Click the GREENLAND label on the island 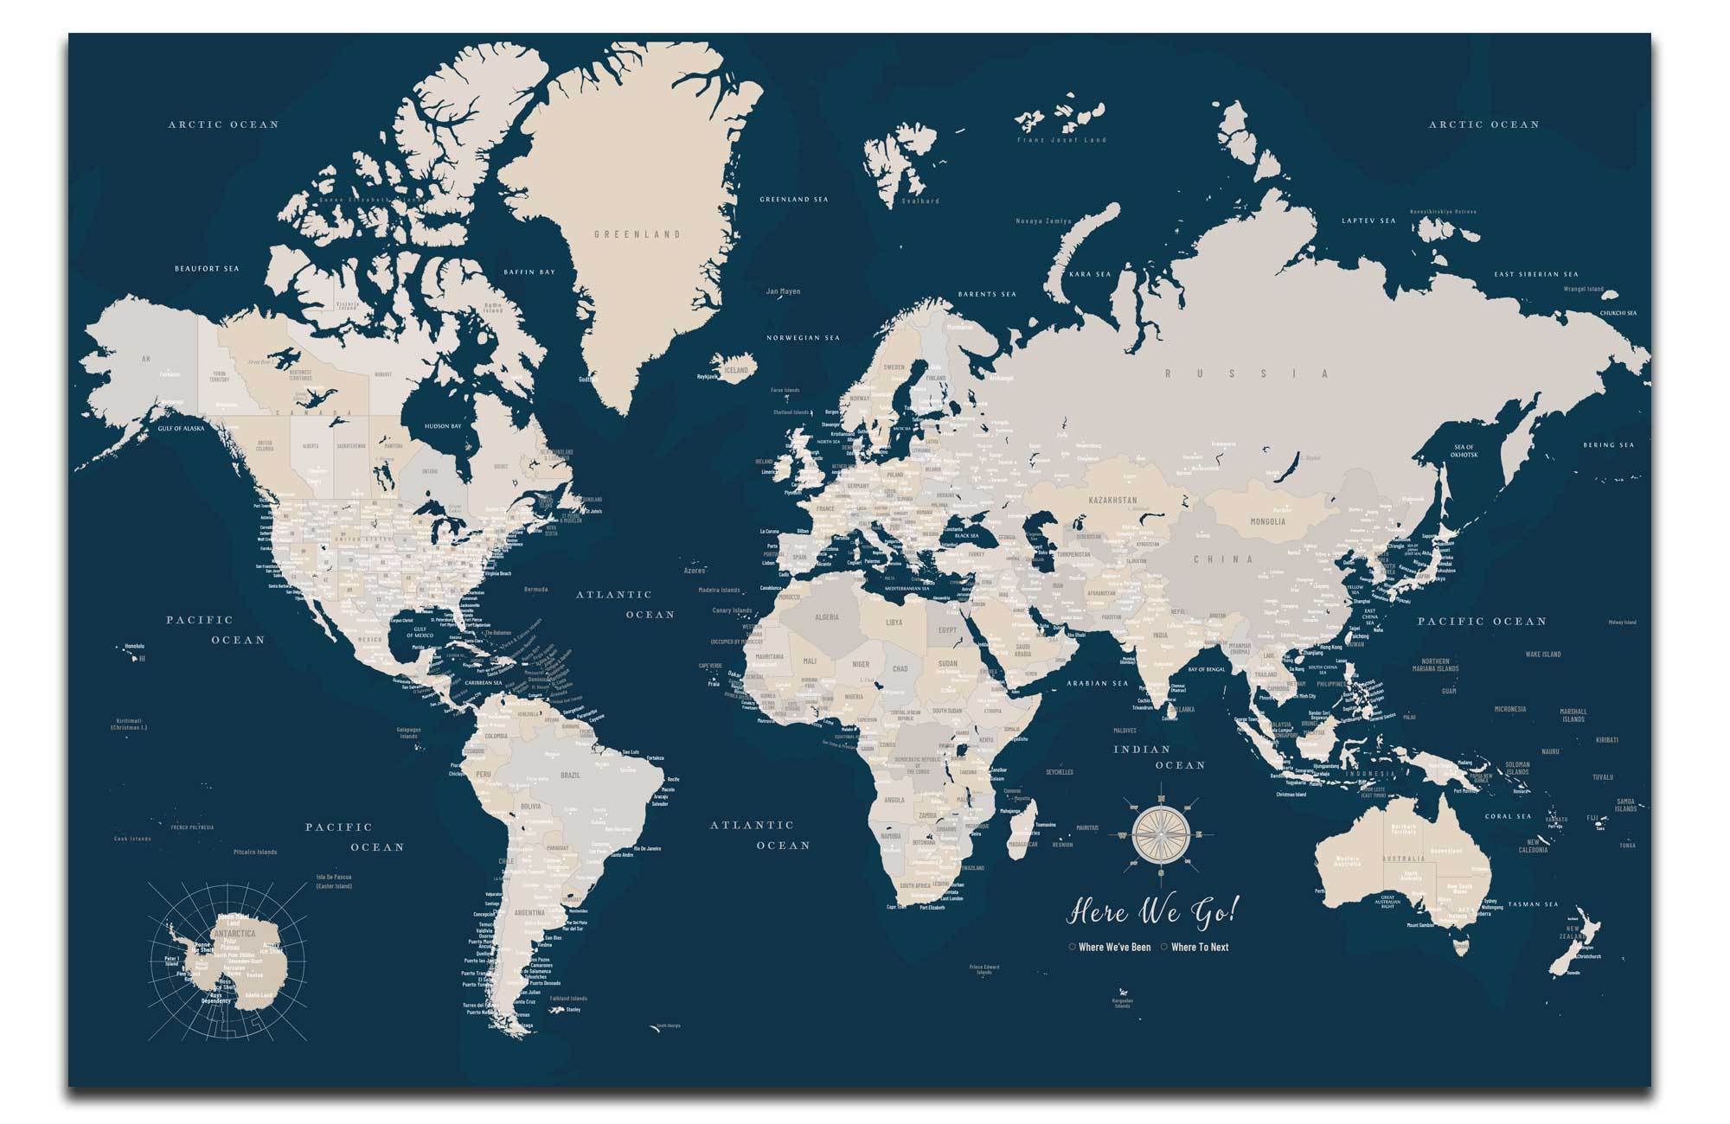point(638,234)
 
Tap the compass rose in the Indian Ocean point(1158,834)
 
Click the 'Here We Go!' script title point(1155,911)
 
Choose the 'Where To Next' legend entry point(1199,947)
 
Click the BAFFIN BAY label point(529,272)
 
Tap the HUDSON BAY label point(443,426)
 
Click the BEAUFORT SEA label point(207,269)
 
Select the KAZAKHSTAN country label point(1112,501)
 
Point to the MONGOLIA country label point(1268,521)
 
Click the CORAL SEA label point(1509,816)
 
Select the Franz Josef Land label point(1061,140)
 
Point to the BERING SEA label point(1609,445)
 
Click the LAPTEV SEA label point(1368,221)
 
